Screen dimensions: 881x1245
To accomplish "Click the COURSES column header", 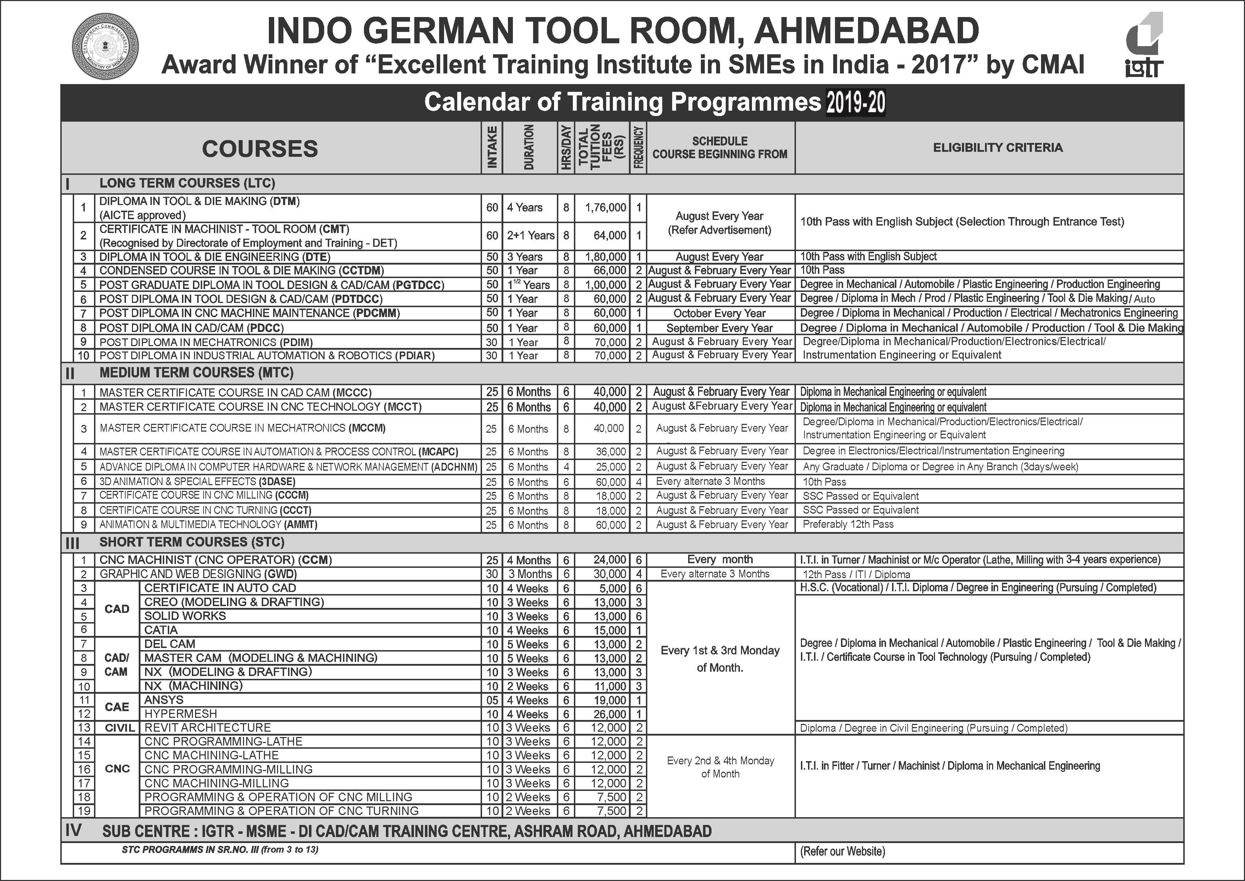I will coord(260,149).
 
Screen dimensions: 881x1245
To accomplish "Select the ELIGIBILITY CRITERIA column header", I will coord(997,148).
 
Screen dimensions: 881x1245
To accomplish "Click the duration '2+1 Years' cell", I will coord(530,236).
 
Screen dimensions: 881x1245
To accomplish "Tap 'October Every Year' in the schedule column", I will coord(719,314).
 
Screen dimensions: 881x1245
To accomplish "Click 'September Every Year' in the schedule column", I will coord(719,328).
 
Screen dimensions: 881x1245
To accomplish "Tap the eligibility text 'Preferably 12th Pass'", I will coord(847,525).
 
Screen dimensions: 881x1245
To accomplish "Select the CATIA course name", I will coord(161,630).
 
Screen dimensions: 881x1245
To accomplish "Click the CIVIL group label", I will coord(119,728).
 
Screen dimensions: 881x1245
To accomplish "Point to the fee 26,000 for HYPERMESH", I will coord(610,714).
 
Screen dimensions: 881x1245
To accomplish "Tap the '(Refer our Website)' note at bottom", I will coord(842,852).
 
